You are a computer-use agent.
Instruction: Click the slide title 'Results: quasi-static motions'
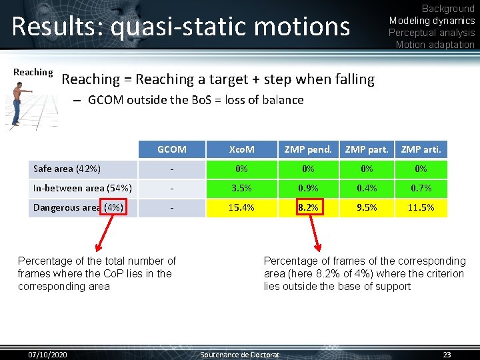(x=181, y=27)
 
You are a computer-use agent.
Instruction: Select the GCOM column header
(x=171, y=149)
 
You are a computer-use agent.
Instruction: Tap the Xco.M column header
(x=241, y=149)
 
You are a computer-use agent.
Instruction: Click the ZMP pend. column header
(x=308, y=149)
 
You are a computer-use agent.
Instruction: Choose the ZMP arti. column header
(x=421, y=149)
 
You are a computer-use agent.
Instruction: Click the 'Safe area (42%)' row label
(x=67, y=169)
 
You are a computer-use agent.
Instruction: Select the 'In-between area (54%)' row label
(x=82, y=188)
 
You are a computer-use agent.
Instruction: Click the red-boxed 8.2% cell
(x=308, y=207)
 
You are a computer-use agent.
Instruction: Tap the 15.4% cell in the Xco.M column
(x=241, y=207)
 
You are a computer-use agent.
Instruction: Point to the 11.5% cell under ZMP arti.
(x=421, y=207)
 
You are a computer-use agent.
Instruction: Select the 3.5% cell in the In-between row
(x=241, y=188)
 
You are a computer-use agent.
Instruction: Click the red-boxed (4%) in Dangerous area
(x=113, y=207)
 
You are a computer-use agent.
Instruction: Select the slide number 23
(x=447, y=354)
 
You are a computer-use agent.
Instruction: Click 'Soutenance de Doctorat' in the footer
(x=240, y=354)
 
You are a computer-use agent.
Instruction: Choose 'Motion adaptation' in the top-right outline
(x=435, y=45)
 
